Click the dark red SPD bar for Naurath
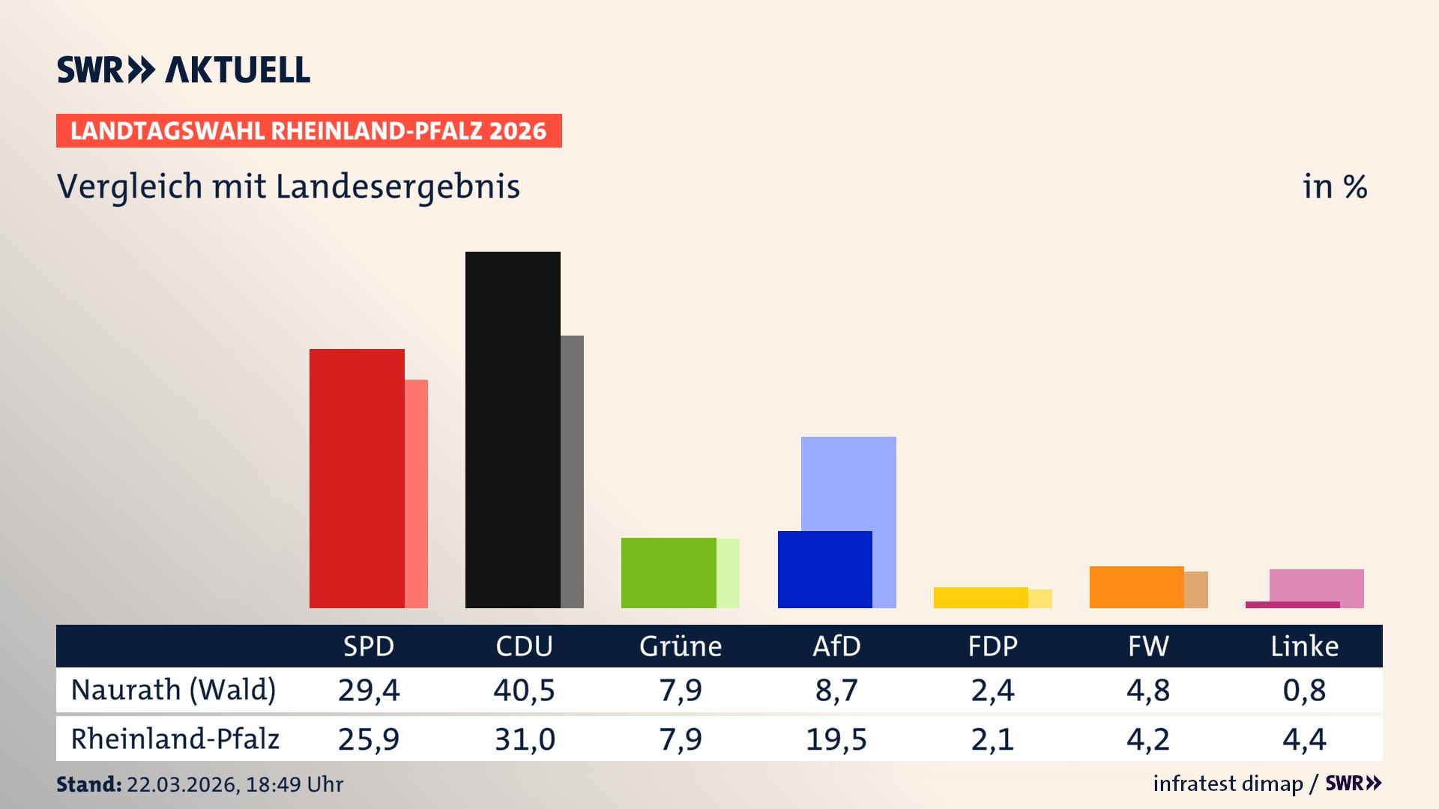click(357, 479)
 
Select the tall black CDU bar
click(513, 431)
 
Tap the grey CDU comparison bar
click(573, 472)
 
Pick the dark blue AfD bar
click(824, 570)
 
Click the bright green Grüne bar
click(669, 573)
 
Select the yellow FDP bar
click(980, 598)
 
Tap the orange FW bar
click(1136, 587)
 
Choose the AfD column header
click(836, 646)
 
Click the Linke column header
click(1304, 646)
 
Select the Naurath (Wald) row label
click(174, 690)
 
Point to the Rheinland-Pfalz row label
click(175, 739)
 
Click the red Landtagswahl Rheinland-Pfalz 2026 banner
click(309, 131)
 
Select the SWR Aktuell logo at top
click(184, 70)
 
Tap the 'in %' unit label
click(1335, 187)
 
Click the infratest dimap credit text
click(1228, 784)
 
